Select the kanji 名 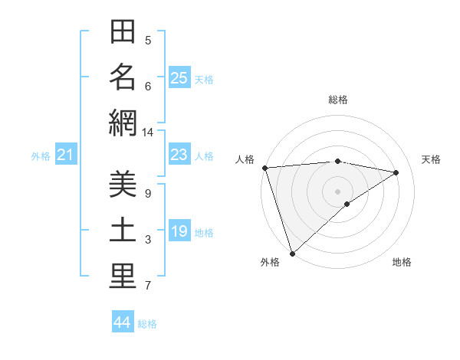click(123, 77)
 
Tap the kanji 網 click(123, 123)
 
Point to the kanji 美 click(123, 184)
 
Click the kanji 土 click(123, 231)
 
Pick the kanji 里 click(123, 277)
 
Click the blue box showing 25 click(179, 78)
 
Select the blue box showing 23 click(179, 155)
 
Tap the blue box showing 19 click(179, 232)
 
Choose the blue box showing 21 click(66, 155)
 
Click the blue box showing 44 click(123, 323)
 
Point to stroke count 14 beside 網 click(148, 133)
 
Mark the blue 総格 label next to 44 click(147, 324)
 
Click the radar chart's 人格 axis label click(245, 159)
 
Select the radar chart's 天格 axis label click(431, 159)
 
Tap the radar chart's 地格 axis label click(402, 262)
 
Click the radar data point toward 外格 click(292, 252)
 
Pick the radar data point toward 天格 click(396, 172)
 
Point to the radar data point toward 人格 click(264, 168)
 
